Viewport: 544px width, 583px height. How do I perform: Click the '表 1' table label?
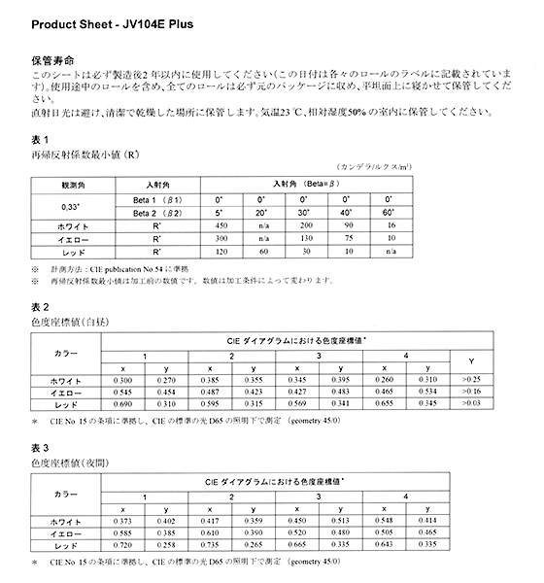pyautogui.click(x=41, y=138)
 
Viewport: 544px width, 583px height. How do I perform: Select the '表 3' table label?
pyautogui.click(x=42, y=447)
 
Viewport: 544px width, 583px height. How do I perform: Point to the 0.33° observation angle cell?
pyautogui.click(x=71, y=203)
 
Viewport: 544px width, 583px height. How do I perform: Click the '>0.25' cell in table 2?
pyautogui.click(x=472, y=378)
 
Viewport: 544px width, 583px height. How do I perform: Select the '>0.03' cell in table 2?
pyautogui.click(x=472, y=402)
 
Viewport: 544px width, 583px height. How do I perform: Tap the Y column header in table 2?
pyautogui.click(x=472, y=360)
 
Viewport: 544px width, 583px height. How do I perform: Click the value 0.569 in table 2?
pyautogui.click(x=292, y=402)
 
